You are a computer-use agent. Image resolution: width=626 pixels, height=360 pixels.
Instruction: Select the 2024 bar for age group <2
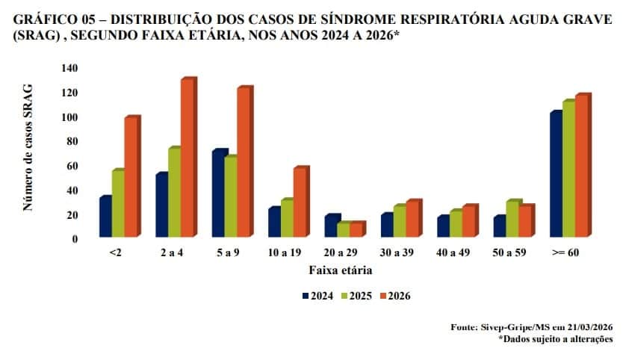(x=105, y=218)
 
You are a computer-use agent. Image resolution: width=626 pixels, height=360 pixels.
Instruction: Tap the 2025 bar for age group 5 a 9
(x=231, y=199)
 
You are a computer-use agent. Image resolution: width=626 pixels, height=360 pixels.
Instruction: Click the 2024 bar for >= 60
(x=555, y=176)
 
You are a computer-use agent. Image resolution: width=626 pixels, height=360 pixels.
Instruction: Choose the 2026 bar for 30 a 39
(x=412, y=220)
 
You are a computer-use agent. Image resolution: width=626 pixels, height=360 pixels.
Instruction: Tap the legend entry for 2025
(x=359, y=296)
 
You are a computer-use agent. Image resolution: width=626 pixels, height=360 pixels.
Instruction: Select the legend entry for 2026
(x=398, y=296)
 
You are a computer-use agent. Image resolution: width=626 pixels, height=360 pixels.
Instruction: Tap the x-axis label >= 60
(x=566, y=252)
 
